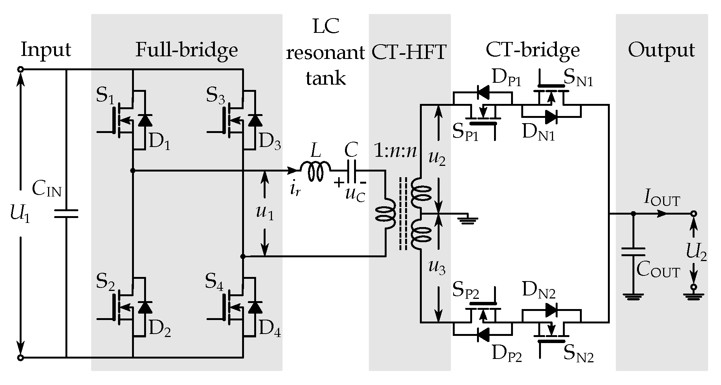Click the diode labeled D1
tap(145, 121)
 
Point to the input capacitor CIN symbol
tap(66, 213)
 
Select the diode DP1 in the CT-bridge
tap(483, 91)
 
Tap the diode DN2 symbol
tap(551, 311)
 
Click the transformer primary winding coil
tap(386, 214)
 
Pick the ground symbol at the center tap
tap(468, 220)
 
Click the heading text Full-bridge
tap(186, 50)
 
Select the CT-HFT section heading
tap(409, 52)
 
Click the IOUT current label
tap(662, 199)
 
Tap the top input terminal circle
tap(21, 70)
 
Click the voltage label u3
tap(437, 267)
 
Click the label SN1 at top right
tap(578, 79)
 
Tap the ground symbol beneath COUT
tap(633, 297)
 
